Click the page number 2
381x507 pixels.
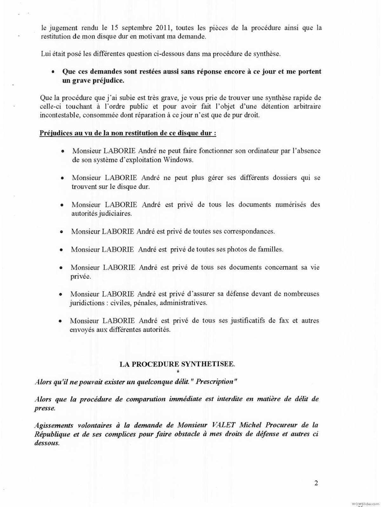point(316,483)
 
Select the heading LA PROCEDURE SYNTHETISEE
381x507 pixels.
point(177,364)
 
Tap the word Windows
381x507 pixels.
point(178,160)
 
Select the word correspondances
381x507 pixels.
point(249,231)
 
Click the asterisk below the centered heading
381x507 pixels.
point(177,372)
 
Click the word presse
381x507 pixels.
point(44,408)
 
